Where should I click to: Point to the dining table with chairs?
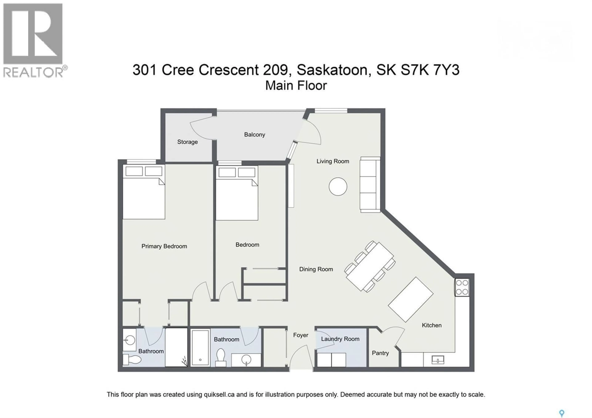(x=370, y=266)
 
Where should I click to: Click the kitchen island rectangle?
(x=411, y=299)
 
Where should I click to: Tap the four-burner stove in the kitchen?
(x=462, y=287)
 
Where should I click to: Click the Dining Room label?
(x=316, y=269)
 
